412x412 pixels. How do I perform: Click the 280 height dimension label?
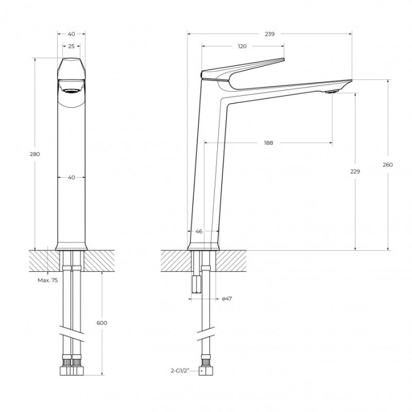[x=35, y=154]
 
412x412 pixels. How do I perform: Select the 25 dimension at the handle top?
[x=71, y=46]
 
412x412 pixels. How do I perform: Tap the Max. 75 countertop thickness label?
[x=48, y=281]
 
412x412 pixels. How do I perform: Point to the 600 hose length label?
[x=101, y=323]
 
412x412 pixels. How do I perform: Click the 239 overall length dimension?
[x=270, y=34]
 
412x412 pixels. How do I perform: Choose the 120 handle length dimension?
[x=242, y=46]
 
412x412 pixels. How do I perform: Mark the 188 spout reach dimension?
[x=268, y=142]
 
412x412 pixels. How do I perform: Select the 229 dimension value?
[x=354, y=171]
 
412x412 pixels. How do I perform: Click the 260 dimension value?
[x=387, y=165]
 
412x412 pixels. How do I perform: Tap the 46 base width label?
[x=199, y=231]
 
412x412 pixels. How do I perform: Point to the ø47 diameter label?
[x=227, y=299]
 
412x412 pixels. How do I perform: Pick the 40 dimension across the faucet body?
[x=71, y=177]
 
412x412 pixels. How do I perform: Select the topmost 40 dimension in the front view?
[x=71, y=34]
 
